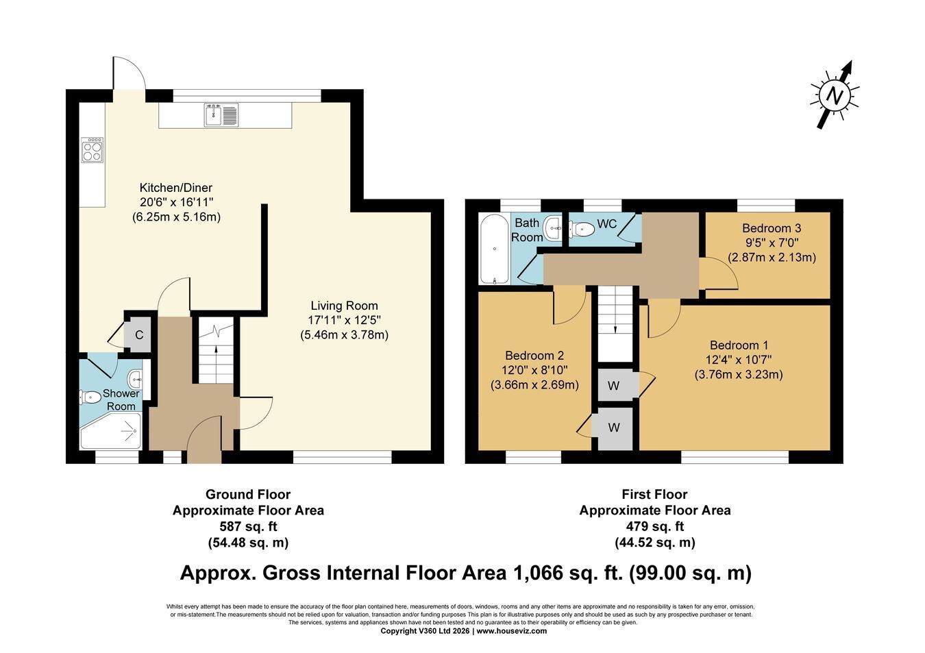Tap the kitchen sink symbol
click(x=221, y=115)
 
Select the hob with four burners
click(x=92, y=150)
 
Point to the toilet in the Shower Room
click(x=90, y=397)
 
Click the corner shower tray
click(x=111, y=431)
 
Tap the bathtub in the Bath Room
click(x=495, y=249)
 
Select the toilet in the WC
click(x=582, y=229)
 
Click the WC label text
click(x=606, y=224)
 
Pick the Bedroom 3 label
click(x=772, y=228)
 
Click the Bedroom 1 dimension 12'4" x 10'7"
click(x=739, y=360)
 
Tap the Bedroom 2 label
click(x=534, y=356)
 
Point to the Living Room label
click(x=344, y=306)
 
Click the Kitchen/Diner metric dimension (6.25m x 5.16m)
click(x=176, y=217)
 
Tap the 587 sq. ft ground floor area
click(x=248, y=527)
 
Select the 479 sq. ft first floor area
click(x=655, y=526)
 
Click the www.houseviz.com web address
click(x=512, y=630)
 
